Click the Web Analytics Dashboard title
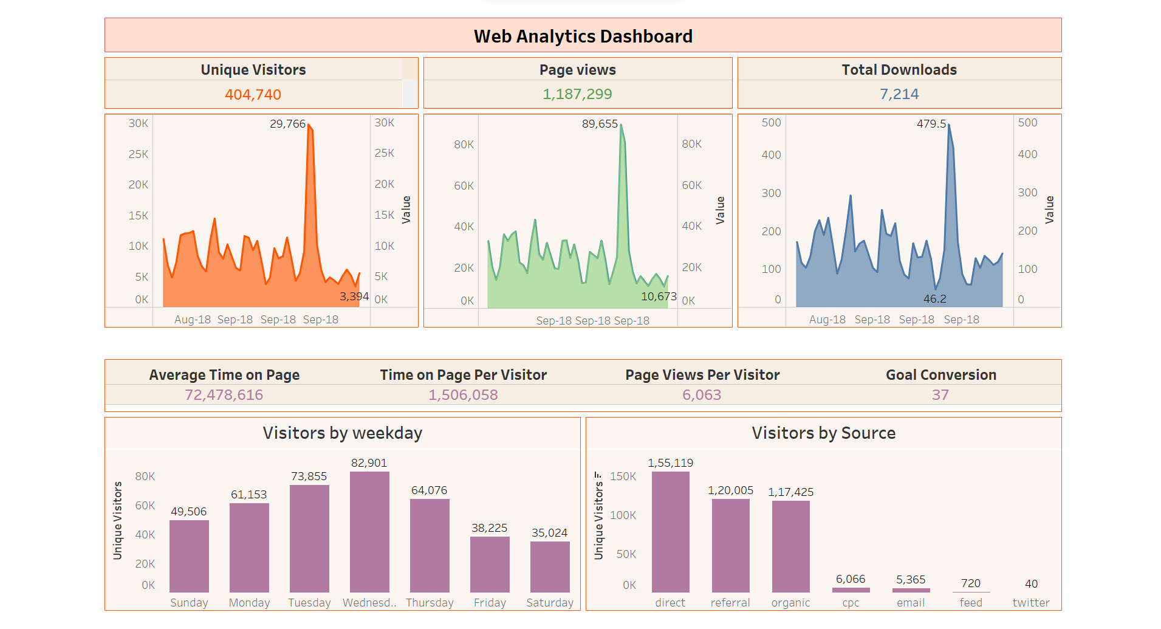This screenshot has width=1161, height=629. (583, 36)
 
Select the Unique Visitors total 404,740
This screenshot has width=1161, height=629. (253, 95)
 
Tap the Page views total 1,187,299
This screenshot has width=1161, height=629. (577, 94)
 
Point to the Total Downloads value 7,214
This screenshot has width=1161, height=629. (899, 94)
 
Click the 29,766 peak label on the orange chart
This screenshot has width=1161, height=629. (287, 124)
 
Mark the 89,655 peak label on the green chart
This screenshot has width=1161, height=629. (600, 124)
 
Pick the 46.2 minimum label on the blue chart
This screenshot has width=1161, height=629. (934, 299)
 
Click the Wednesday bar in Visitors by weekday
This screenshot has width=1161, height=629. (369, 532)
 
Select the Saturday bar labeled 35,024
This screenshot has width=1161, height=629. (550, 566)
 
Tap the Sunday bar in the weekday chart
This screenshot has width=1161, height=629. (189, 556)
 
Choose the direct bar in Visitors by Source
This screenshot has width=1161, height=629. (670, 532)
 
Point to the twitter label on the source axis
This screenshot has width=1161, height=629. (1030, 603)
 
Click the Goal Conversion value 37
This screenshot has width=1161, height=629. (940, 395)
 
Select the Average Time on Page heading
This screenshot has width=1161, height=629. (224, 375)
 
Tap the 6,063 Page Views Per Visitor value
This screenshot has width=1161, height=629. (702, 395)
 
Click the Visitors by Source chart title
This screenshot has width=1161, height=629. (823, 433)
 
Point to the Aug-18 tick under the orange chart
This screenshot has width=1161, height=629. (192, 320)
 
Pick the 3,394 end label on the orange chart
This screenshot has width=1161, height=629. (354, 297)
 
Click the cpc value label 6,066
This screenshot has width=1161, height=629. (850, 579)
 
